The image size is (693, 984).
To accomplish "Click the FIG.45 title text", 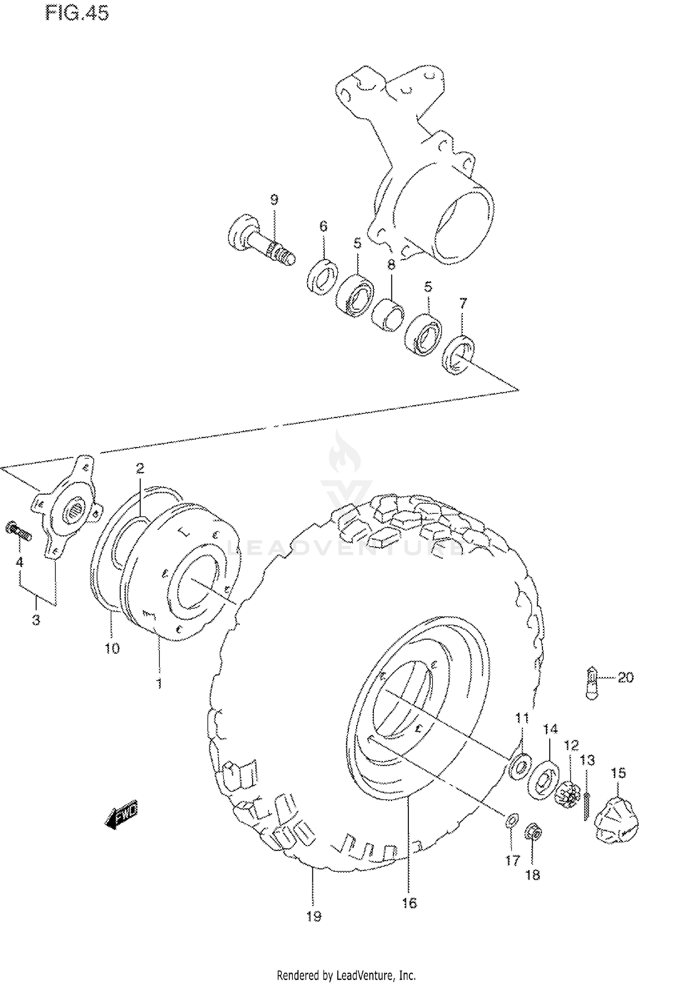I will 77,13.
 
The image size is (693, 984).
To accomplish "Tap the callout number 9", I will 274,200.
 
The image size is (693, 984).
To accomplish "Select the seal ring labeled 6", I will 322,277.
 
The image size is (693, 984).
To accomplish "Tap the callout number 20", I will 625,677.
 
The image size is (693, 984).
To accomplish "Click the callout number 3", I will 36,620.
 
